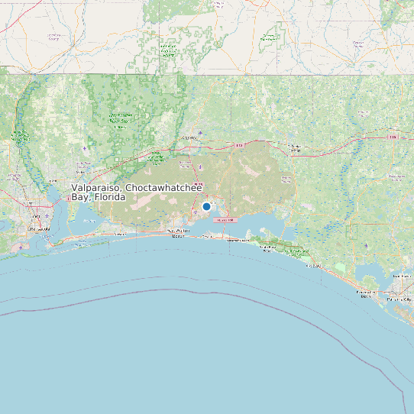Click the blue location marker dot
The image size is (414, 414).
tap(206, 206)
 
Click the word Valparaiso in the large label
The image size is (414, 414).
tap(96, 188)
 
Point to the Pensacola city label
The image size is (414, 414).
tap(39, 228)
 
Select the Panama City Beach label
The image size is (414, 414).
tap(366, 294)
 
